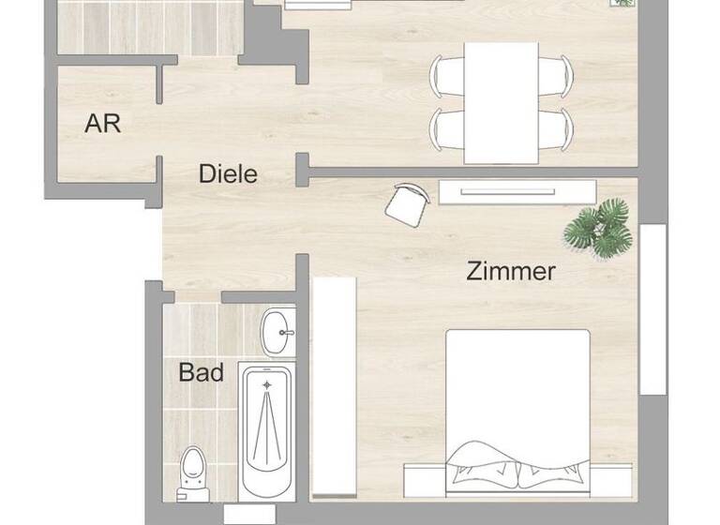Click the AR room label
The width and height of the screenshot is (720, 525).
103,123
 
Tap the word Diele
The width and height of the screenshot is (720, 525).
228,173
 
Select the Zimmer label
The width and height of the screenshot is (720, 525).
511,272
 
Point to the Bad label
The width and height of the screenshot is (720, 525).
202,373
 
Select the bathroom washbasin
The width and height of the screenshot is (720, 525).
277,331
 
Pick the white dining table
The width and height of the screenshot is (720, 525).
502,101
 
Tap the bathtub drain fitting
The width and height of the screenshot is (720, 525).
267,384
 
